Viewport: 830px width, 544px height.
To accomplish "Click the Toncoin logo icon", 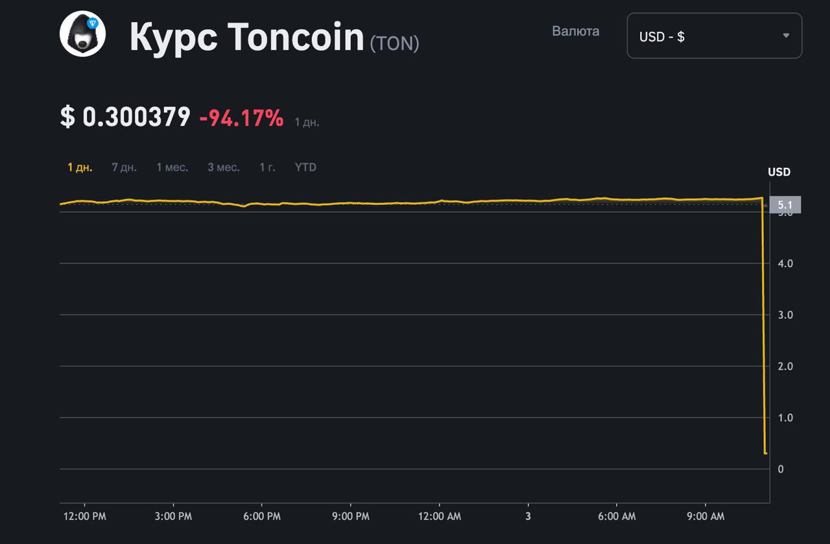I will tap(82, 34).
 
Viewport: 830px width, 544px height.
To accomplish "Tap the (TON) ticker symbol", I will tap(394, 43).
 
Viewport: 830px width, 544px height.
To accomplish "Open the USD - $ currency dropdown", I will tap(714, 36).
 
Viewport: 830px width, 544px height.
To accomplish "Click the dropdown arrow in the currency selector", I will tap(786, 36).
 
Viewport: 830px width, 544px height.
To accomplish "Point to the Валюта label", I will tap(575, 31).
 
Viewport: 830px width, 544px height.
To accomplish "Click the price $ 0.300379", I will tap(125, 117).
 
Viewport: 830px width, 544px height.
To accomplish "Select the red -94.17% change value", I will tap(241, 118).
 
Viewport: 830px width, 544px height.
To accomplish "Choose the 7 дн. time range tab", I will tap(124, 167).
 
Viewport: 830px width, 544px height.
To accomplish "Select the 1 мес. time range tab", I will tap(172, 167).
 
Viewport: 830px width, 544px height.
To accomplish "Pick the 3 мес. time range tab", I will tap(223, 167).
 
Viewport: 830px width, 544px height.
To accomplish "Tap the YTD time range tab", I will tap(305, 167).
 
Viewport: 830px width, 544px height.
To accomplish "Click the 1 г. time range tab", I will tap(267, 167).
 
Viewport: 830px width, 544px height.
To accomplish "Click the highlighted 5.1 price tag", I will tap(785, 205).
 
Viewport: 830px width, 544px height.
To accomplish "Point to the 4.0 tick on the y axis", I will tap(785, 263).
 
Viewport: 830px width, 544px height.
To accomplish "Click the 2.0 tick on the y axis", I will tap(785, 366).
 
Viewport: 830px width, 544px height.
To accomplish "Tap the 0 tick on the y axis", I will tap(781, 469).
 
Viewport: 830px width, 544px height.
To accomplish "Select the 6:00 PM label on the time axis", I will tap(262, 517).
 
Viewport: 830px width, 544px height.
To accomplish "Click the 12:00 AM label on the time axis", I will tap(440, 517).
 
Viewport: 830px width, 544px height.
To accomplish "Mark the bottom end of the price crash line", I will tap(766, 453).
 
